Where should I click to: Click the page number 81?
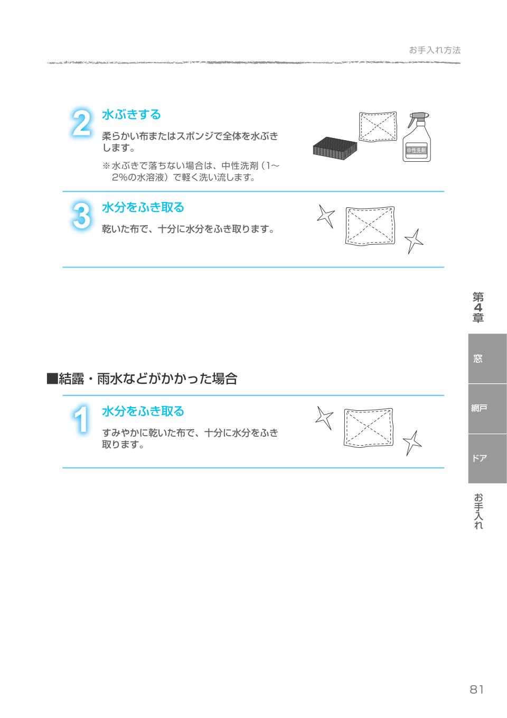tap(476, 689)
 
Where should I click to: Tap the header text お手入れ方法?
tap(435, 50)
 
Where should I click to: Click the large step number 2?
tap(81, 124)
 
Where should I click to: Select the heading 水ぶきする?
tap(131, 114)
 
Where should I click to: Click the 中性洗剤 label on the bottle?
tap(416, 151)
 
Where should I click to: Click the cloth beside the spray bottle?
tap(378, 126)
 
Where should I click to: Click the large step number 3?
tap(81, 216)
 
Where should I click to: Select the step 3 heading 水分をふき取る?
tap(143, 207)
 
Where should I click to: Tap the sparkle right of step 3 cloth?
tap(414, 242)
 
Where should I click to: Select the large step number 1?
tap(81, 421)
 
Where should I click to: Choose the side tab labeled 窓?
tap(477, 358)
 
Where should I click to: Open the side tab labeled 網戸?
tap(477, 408)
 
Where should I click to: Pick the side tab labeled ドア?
tap(477, 458)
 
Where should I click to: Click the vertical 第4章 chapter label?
tap(478, 307)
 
